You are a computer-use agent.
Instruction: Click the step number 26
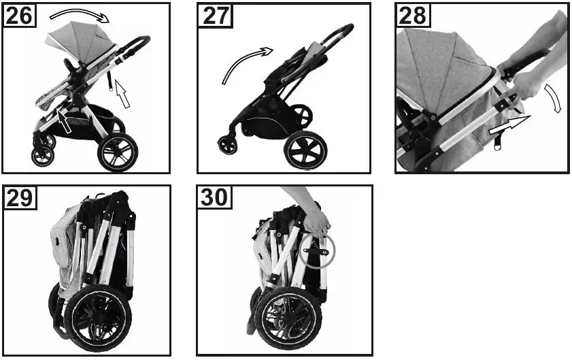(x=20, y=15)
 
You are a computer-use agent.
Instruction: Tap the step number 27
(x=216, y=15)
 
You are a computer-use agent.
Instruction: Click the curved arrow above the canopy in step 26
(x=79, y=14)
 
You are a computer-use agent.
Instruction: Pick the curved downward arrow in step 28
(x=556, y=99)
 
